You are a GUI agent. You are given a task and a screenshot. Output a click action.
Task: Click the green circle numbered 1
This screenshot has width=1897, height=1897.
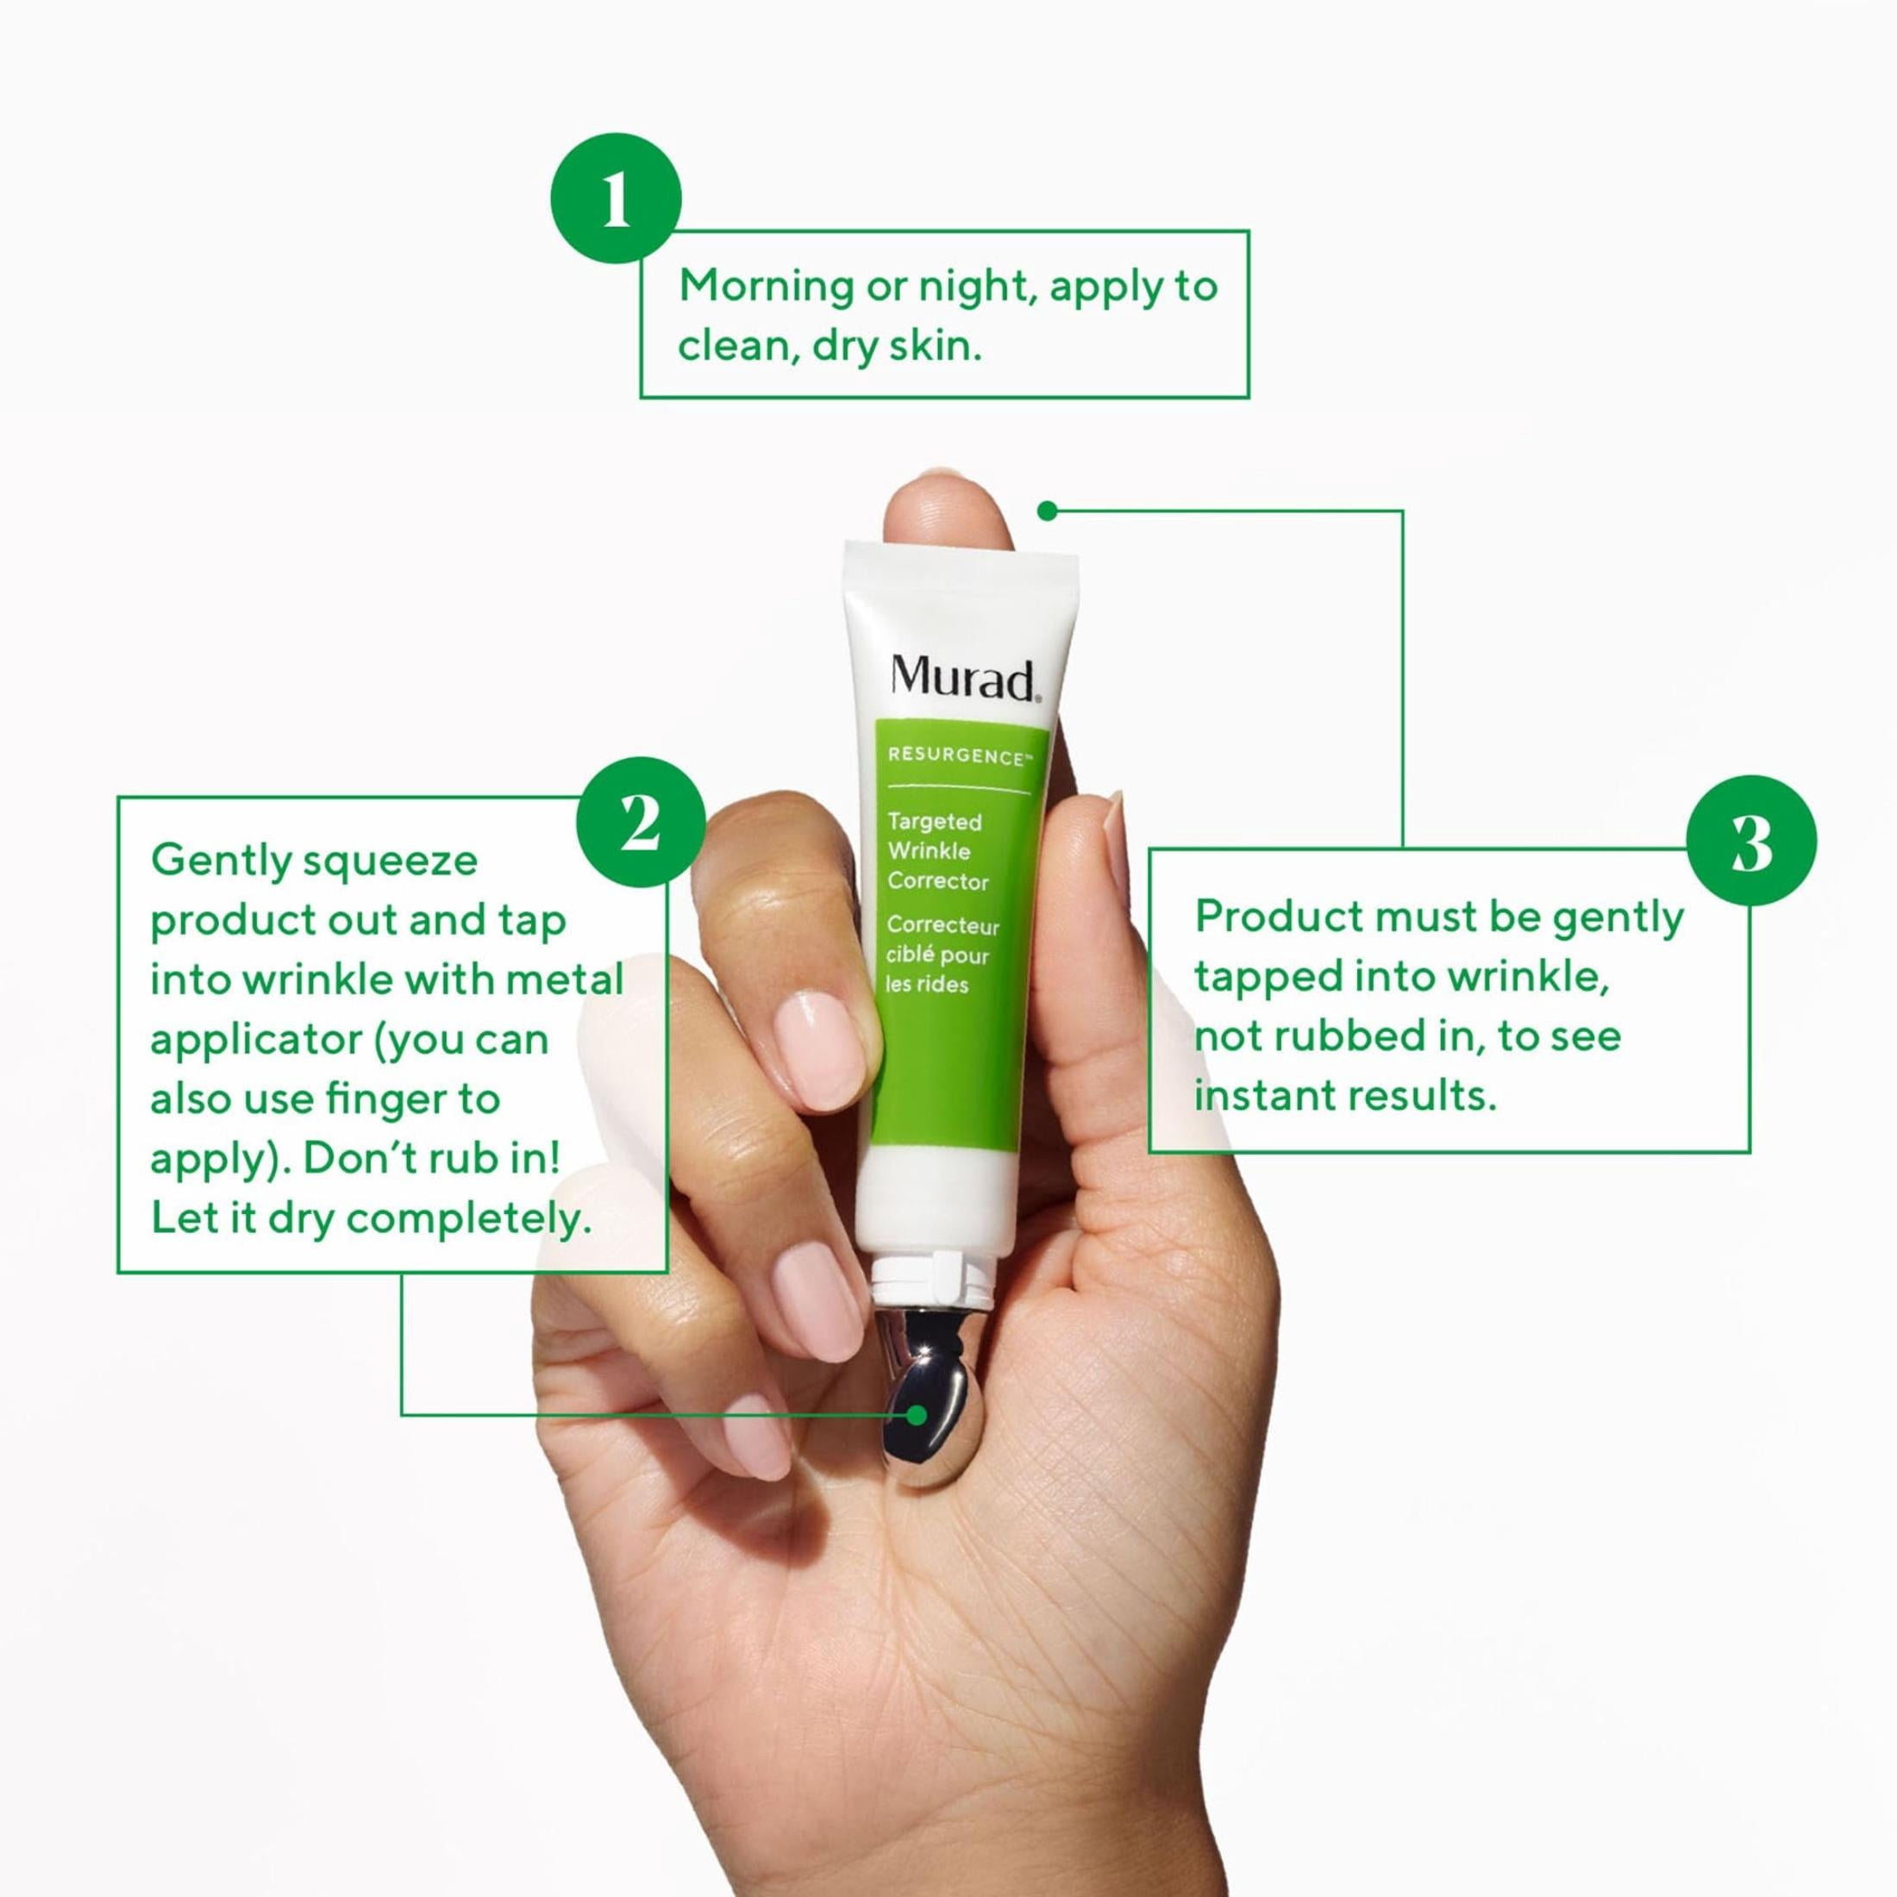tap(616, 198)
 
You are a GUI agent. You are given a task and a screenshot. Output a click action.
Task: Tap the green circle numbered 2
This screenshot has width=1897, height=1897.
tap(640, 822)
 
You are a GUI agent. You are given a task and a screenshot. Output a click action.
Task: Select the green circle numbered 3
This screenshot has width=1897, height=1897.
tap(1750, 841)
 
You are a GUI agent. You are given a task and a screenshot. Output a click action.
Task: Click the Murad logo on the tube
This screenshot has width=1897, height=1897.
tap(963, 679)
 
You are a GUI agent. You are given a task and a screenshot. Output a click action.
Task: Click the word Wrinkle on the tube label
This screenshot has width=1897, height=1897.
tap(929, 850)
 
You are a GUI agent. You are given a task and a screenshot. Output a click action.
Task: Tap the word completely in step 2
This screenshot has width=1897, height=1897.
tap(468, 1220)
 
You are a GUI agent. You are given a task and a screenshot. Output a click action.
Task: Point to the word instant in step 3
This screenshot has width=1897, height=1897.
tap(1260, 1097)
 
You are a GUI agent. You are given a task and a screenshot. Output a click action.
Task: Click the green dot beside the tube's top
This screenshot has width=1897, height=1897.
tap(1048, 510)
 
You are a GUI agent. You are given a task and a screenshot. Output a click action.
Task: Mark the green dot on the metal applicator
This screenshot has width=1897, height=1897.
tap(917, 1415)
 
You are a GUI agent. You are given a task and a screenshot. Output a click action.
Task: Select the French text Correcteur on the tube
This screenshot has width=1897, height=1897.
tap(942, 926)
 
